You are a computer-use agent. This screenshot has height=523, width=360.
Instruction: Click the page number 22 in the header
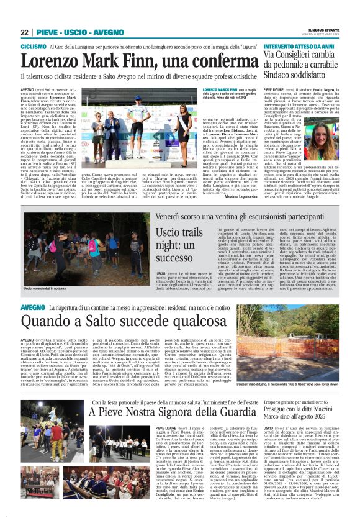coord(24,32)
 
